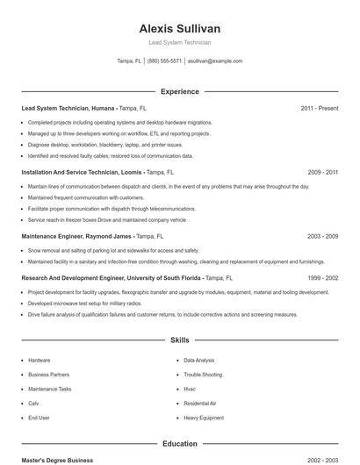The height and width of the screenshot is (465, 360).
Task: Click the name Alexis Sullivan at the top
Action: [x=180, y=28]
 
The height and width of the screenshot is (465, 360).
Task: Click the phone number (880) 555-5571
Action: [x=164, y=61]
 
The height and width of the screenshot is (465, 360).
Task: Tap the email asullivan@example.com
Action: [x=215, y=61]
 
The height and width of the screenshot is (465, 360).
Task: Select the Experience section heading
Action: [x=180, y=91]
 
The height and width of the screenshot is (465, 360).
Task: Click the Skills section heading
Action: [x=180, y=340]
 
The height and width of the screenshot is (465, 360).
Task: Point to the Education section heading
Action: [x=180, y=444]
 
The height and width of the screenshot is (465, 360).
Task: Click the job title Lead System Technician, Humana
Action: [x=68, y=108]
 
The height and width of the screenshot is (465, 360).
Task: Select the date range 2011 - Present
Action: [x=319, y=108]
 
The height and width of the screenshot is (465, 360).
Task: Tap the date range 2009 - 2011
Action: [x=322, y=173]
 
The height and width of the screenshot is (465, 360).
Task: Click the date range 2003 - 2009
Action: [x=322, y=237]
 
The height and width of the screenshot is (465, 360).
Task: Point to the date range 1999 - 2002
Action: [x=322, y=277]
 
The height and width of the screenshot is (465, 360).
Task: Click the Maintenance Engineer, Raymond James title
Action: [x=76, y=237]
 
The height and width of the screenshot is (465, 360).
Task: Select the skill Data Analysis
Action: [x=198, y=361]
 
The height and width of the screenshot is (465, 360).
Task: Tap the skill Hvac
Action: [x=190, y=389]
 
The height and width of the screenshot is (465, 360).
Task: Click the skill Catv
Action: [x=33, y=404]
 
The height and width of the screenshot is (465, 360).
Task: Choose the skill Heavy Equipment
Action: [x=204, y=418]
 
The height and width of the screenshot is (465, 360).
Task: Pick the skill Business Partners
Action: [x=48, y=375]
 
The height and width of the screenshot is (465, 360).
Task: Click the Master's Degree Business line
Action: [x=57, y=460]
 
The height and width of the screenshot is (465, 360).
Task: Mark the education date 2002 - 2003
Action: [x=322, y=460]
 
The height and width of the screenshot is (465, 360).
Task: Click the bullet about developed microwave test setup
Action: [x=84, y=304]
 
